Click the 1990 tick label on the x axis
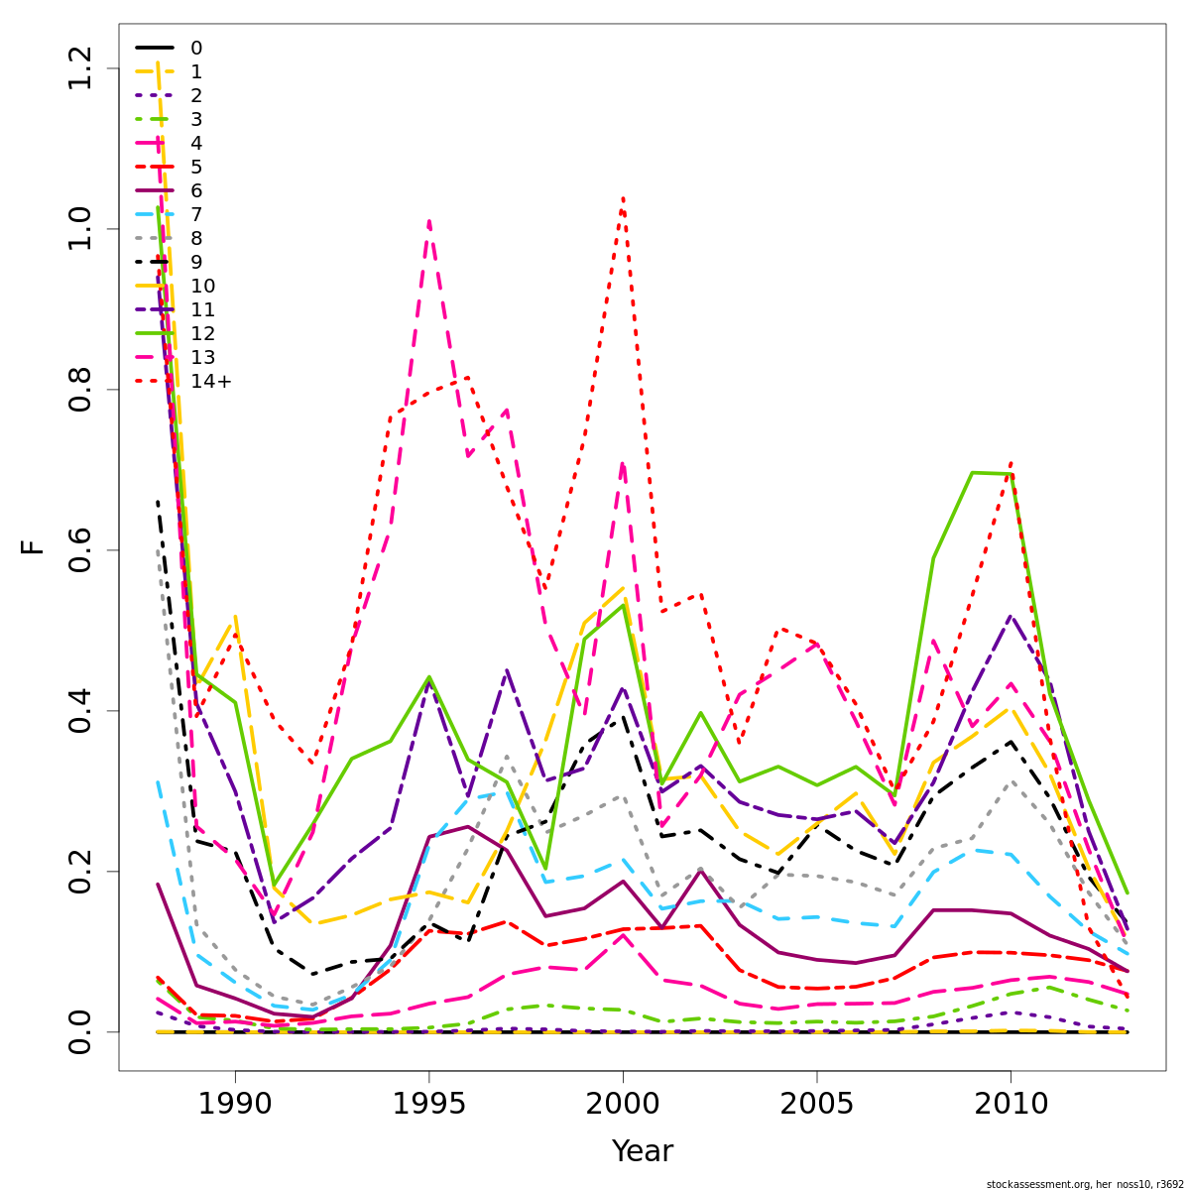[235, 1104]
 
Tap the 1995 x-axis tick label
[428, 1104]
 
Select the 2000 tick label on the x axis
[623, 1104]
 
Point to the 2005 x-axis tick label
[816, 1104]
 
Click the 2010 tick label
[1011, 1104]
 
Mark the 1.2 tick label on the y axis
[79, 67]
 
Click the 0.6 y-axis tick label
[79, 549]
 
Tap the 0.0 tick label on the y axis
[79, 1031]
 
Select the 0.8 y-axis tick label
[79, 389]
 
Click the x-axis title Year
[642, 1151]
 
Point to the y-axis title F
[34, 546]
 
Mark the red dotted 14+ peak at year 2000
[623, 198]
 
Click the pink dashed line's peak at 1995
[428, 221]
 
